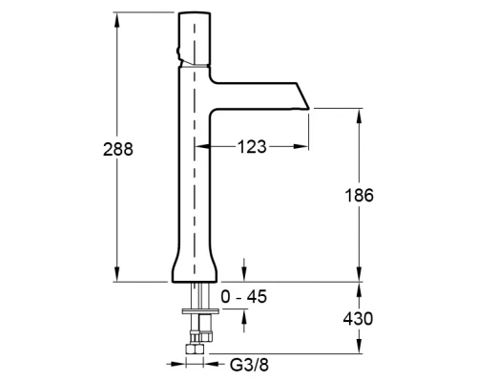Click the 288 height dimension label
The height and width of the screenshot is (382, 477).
click(x=118, y=149)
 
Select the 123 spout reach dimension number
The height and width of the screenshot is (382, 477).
click(x=252, y=147)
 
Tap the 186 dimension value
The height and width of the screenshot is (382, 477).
click(x=359, y=195)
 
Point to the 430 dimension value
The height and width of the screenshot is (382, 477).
click(x=358, y=318)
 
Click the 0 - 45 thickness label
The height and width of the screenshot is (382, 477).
click(x=244, y=297)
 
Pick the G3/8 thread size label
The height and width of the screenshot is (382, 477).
click(x=249, y=365)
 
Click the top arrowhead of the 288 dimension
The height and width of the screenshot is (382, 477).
click(x=117, y=20)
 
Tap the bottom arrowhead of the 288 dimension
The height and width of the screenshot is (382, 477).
click(x=117, y=274)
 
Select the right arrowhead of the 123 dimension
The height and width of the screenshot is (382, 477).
click(x=301, y=146)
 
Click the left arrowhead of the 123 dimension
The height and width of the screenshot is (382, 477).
click(x=202, y=146)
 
